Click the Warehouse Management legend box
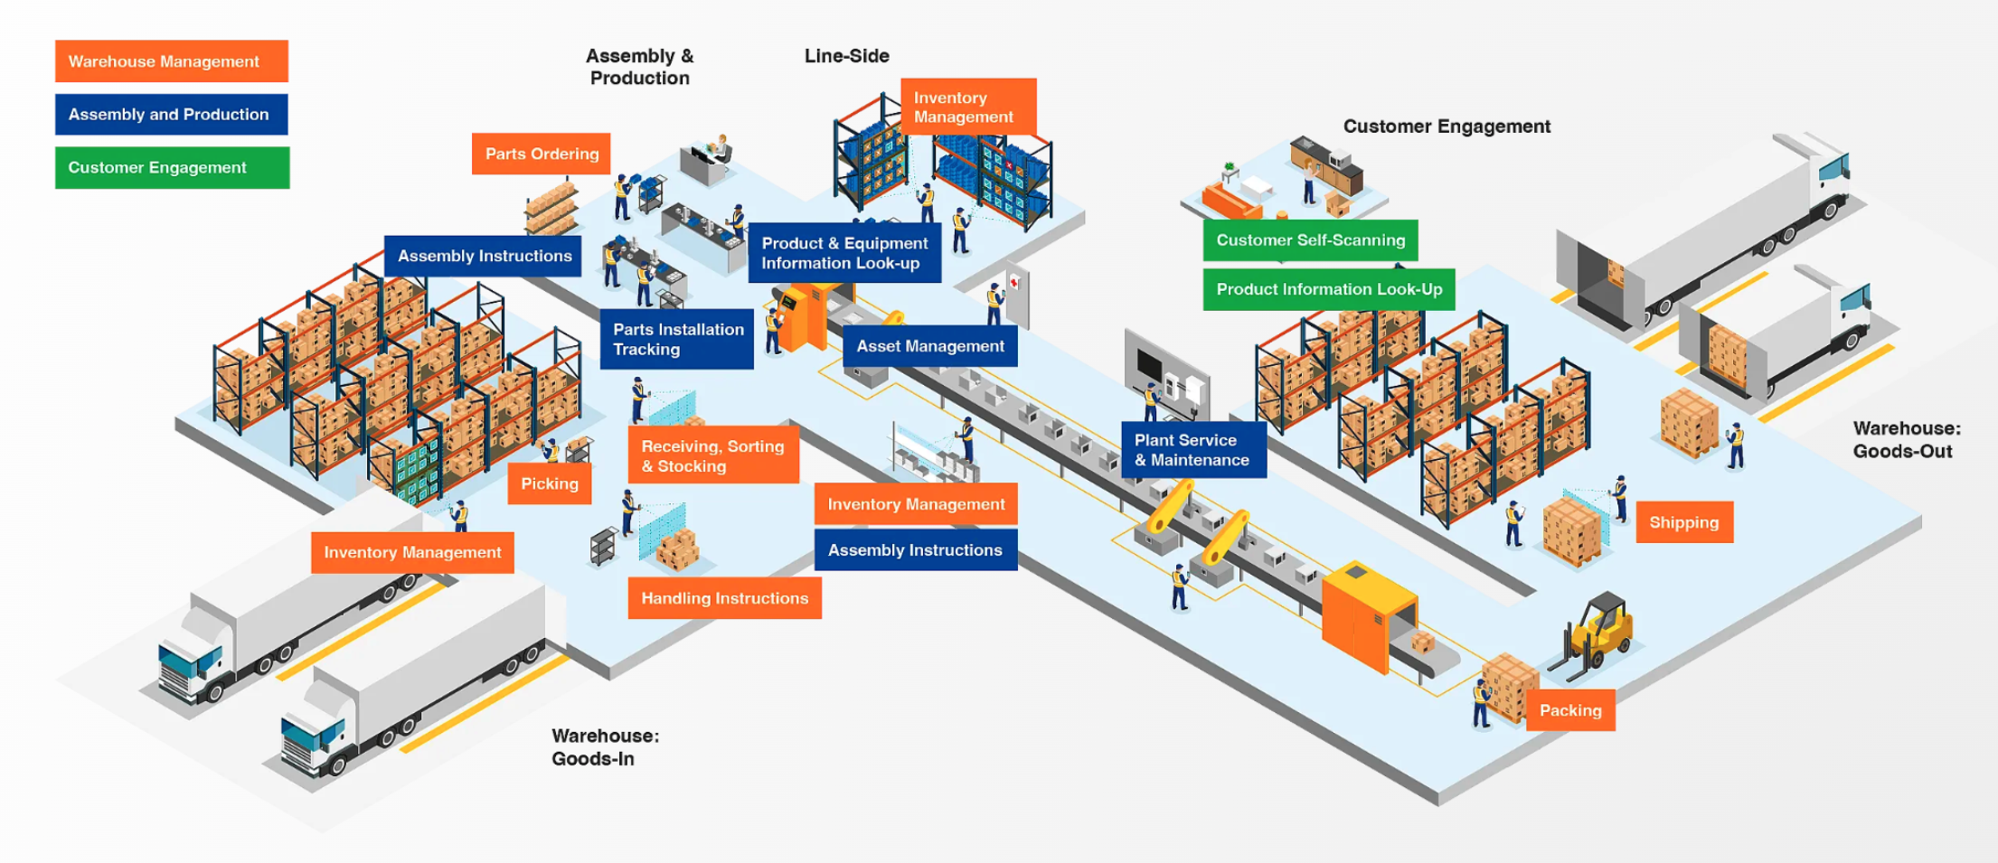[172, 61]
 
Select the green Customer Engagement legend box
[172, 168]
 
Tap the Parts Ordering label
[542, 154]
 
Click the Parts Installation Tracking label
[677, 340]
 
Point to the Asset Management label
[930, 346]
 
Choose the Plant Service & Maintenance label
[1193, 450]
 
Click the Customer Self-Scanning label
[1310, 240]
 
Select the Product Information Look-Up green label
[1329, 289]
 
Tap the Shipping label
[1684, 522]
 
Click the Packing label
[1570, 710]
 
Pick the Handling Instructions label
[724, 598]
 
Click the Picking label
[550, 483]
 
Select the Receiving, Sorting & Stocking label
[713, 455]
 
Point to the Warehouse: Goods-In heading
[605, 747]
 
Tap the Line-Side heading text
[846, 56]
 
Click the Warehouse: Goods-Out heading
[1906, 439]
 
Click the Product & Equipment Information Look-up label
[844, 253]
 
